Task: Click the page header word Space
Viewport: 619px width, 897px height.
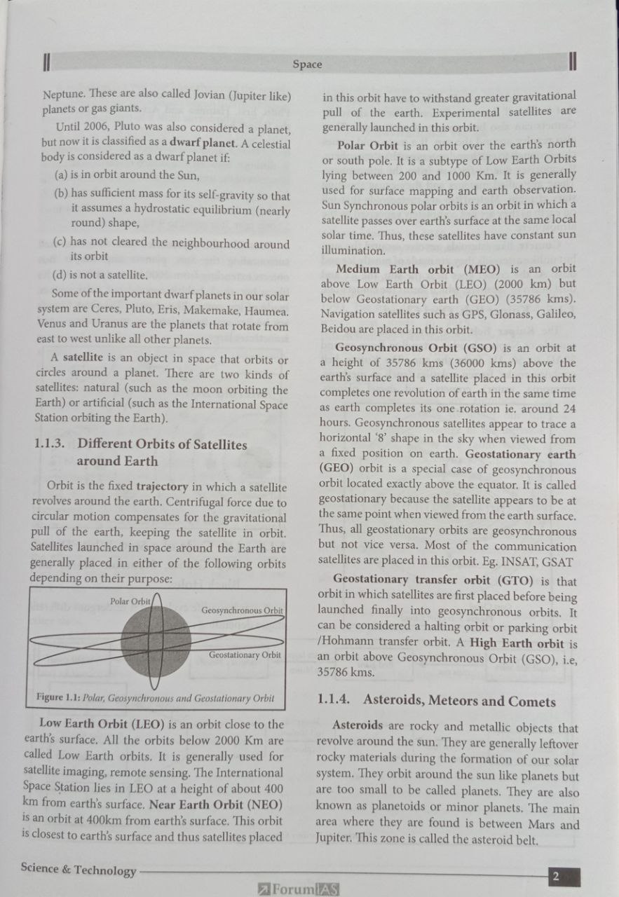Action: [x=307, y=64]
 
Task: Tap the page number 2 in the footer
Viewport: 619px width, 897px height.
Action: [x=555, y=876]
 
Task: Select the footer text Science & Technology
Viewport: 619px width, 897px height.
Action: [x=79, y=870]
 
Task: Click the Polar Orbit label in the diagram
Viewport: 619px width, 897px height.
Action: [x=130, y=601]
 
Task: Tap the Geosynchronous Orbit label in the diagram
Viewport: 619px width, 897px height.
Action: [x=242, y=610]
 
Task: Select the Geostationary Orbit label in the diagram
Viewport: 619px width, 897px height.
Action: [x=245, y=655]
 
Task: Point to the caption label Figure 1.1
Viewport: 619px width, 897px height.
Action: [x=58, y=698]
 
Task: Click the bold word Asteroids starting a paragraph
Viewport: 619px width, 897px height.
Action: [x=358, y=727]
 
